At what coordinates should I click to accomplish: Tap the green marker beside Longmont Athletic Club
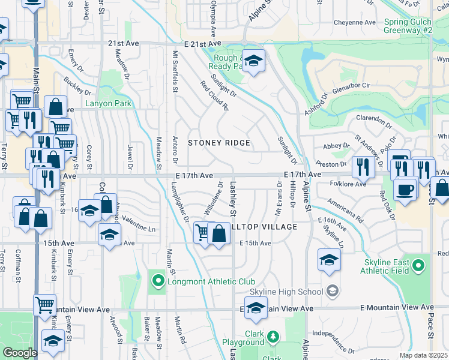pos(158,280)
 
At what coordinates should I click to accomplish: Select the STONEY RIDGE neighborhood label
pos(219,143)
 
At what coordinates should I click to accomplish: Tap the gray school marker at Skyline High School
pos(333,292)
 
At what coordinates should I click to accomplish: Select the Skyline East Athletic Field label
pos(387,266)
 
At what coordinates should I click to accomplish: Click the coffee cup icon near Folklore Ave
pos(405,189)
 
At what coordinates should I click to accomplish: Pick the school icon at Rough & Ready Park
pos(254,61)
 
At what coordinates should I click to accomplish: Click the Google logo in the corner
pos(20,353)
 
